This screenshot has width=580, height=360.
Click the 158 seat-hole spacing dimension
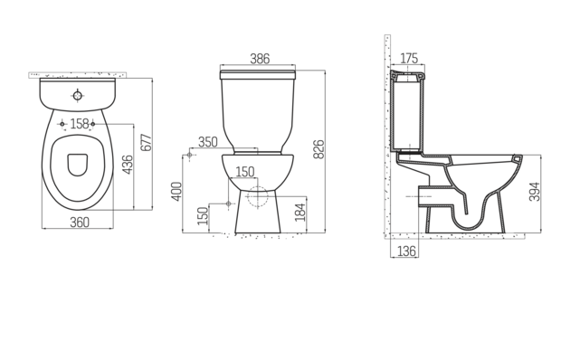pos(79,124)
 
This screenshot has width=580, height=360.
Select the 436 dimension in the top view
pos(128,166)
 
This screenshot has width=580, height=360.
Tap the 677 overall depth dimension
pos(145,143)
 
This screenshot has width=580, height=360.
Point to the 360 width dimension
pos(79,222)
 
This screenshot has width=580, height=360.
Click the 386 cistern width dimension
pos(259,59)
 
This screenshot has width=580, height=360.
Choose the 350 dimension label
pos(208,142)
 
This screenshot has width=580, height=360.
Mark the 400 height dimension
pos(177,191)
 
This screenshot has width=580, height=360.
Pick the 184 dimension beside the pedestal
pos(300,213)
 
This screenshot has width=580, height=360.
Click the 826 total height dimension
pos(319,149)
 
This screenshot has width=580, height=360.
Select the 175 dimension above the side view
pos(409,59)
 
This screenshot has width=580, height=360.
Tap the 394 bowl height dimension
pos(535,192)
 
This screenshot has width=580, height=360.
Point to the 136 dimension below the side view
pos(406,251)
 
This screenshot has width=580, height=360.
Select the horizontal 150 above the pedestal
pos(245,172)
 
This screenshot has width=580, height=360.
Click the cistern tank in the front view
pos(259,104)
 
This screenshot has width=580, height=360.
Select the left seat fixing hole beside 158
pos(61,124)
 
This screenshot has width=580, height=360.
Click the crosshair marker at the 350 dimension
pos(189,156)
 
